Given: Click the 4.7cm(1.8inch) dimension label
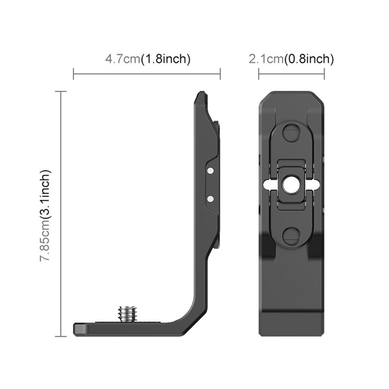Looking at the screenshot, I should coord(147,59).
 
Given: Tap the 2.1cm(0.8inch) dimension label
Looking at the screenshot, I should coord(291,59).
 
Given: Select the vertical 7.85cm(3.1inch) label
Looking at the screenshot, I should coord(45,215).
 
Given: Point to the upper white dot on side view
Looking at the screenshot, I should coord(210,171).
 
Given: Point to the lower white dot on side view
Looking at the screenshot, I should coord(210,198).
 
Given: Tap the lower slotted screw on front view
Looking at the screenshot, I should coord(291,236).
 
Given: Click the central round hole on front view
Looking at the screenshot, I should coord(291,184).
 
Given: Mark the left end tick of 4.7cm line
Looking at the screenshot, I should coord(73,74).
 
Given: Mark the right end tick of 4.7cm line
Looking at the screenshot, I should coord(220,74).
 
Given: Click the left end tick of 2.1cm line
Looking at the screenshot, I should coord(259,74).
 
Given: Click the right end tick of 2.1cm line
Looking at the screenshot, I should coord(324,74).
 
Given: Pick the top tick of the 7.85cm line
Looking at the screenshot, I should coord(61,91).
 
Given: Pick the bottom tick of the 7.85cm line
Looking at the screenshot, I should coord(61,336).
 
